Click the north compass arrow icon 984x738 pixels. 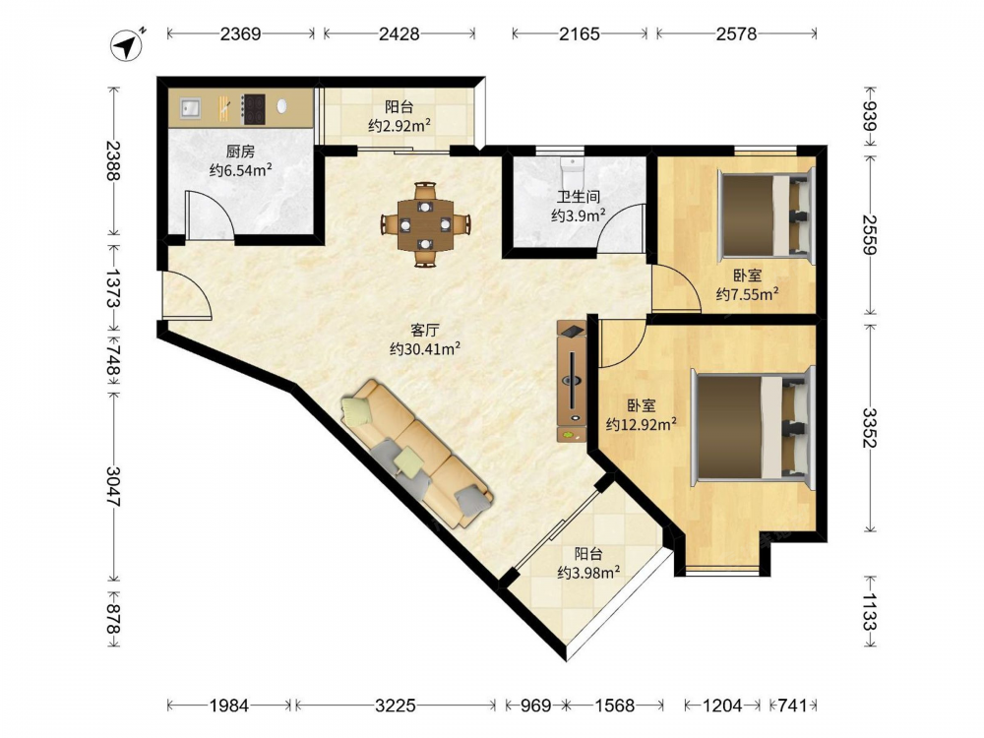(x=128, y=44)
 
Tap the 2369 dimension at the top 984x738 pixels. (x=240, y=33)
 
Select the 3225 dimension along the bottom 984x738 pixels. (x=396, y=706)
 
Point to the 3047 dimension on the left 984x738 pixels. (x=114, y=487)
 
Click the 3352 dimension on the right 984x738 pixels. (x=870, y=428)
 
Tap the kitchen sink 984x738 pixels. (x=190, y=108)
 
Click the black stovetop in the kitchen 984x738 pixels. (x=254, y=108)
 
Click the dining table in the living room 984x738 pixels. (x=426, y=224)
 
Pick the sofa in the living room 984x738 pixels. (x=416, y=453)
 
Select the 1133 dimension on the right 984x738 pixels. (x=870, y=612)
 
